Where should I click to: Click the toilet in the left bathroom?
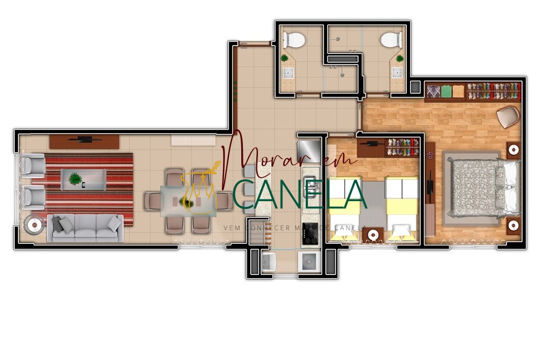(x=294, y=39)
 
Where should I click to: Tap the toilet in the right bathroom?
(x=391, y=39)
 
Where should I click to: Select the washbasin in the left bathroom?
(x=289, y=73)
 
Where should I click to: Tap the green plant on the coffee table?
(x=74, y=178)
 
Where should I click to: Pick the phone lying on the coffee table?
(x=83, y=185)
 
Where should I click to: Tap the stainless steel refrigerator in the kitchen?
(x=309, y=150)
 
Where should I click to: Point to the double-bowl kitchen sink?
(x=310, y=187)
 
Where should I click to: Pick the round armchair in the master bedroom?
(x=508, y=117)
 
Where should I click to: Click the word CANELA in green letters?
(x=300, y=194)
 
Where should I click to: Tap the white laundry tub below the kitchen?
(x=269, y=262)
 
